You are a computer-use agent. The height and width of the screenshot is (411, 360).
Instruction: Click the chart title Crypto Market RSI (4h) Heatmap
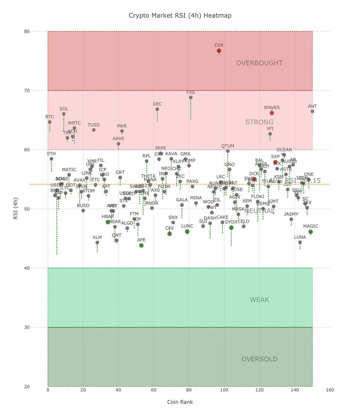pyautogui.click(x=180, y=15)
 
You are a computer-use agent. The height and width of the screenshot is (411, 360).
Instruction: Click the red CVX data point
pyautogui.click(x=219, y=51)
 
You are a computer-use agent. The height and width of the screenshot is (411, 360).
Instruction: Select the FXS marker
pyautogui.click(x=191, y=98)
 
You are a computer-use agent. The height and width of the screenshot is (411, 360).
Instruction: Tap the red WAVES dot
pyautogui.click(x=272, y=113)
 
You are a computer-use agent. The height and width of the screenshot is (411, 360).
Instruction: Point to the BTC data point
pyautogui.click(x=50, y=122)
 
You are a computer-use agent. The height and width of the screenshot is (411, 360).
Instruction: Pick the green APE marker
pyautogui.click(x=141, y=245)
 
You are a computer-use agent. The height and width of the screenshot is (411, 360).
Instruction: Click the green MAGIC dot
pyautogui.click(x=311, y=232)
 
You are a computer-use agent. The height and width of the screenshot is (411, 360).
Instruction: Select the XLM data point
pyautogui.click(x=97, y=242)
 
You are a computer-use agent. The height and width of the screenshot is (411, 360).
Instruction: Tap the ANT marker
pyautogui.click(x=312, y=111)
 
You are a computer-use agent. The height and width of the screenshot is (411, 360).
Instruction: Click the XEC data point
pyautogui.click(x=157, y=109)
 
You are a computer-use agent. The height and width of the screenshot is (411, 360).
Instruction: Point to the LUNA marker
pyautogui.click(x=300, y=242)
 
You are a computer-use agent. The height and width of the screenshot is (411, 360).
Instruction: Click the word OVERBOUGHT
pyautogui.click(x=259, y=63)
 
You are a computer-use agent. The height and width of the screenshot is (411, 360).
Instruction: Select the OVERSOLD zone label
pyautogui.click(x=259, y=359)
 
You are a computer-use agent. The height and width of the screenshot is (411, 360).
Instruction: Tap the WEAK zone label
pyautogui.click(x=259, y=300)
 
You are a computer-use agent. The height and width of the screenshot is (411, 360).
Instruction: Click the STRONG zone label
pyautogui.click(x=259, y=122)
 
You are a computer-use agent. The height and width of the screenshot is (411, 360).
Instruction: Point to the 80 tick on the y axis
pyautogui.click(x=27, y=32)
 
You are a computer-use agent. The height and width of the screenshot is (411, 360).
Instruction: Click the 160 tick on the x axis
pyautogui.click(x=330, y=390)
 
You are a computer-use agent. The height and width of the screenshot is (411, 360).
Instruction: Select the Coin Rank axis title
pyautogui.click(x=180, y=402)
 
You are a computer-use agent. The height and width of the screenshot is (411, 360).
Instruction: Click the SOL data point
pyautogui.click(x=64, y=114)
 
